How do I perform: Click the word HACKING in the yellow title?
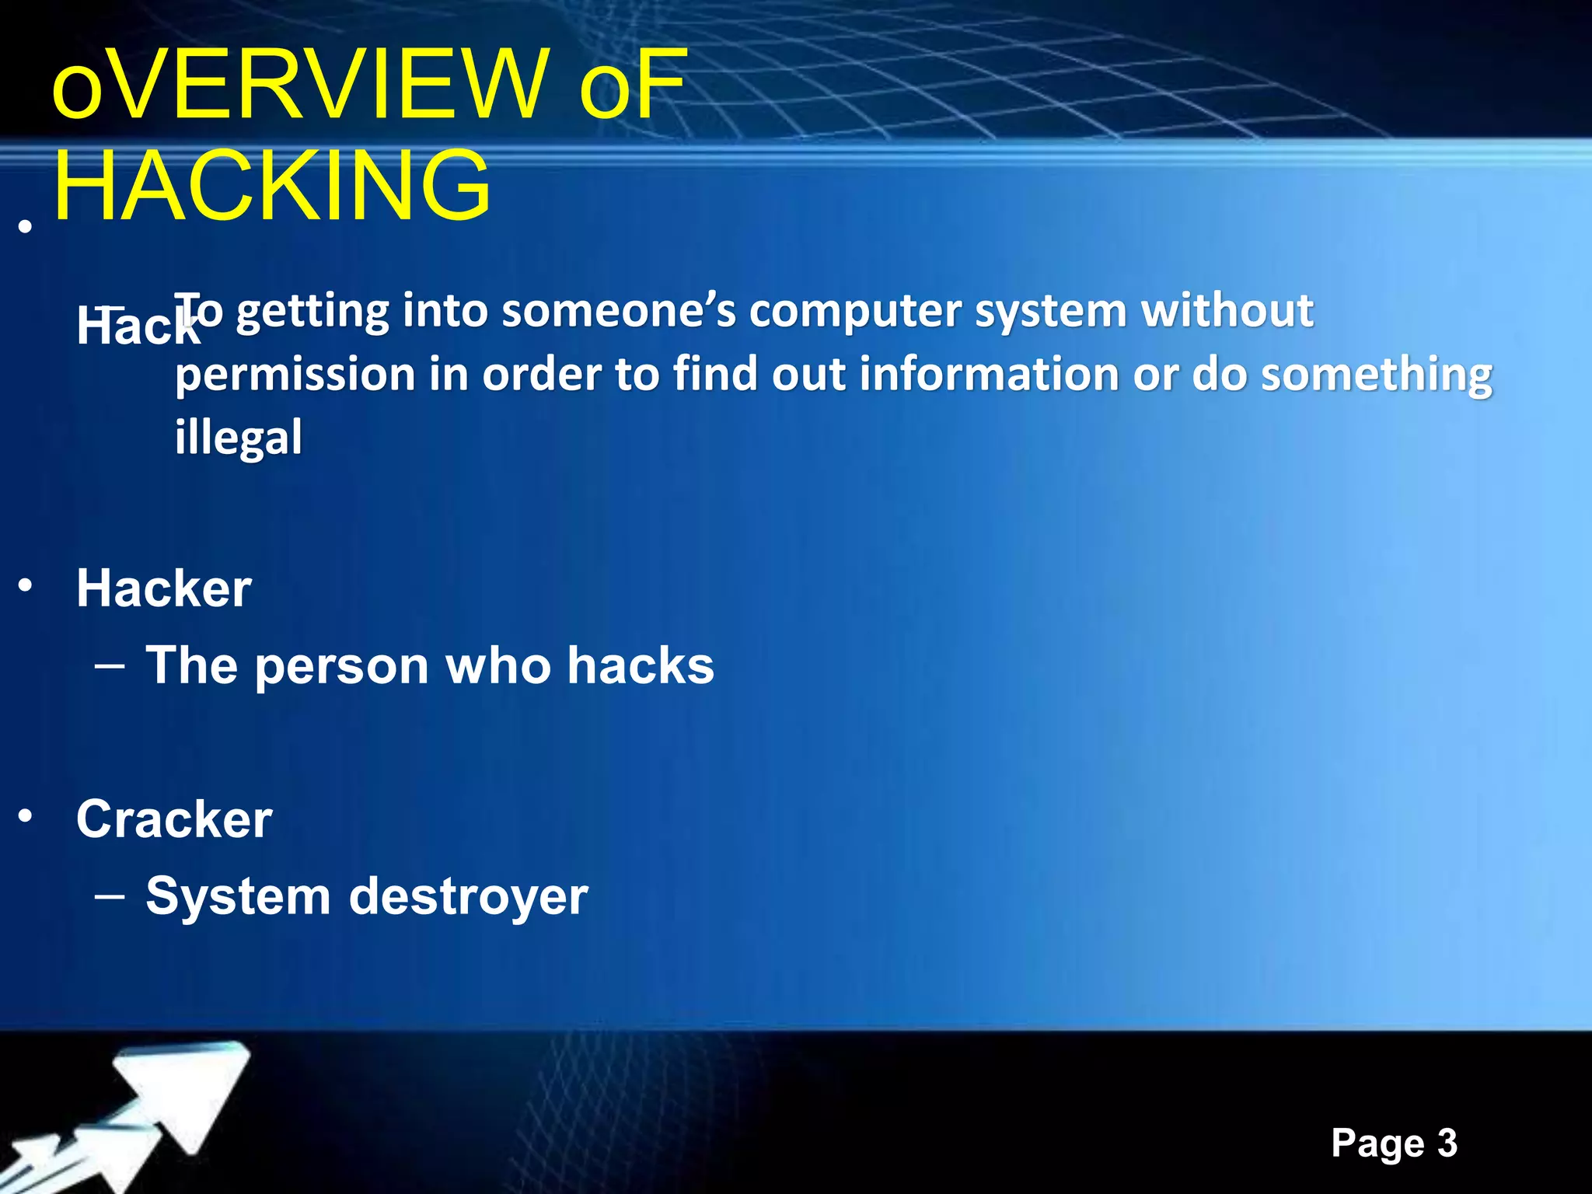click(272, 187)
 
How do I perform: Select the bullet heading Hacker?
click(163, 588)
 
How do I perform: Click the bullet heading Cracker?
click(174, 819)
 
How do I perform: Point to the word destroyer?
click(468, 896)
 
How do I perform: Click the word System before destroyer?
click(238, 896)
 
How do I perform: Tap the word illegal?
click(238, 437)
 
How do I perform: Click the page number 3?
click(1447, 1143)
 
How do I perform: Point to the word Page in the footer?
click(1377, 1143)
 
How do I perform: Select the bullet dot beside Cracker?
click(26, 816)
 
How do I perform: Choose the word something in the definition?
click(1376, 375)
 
